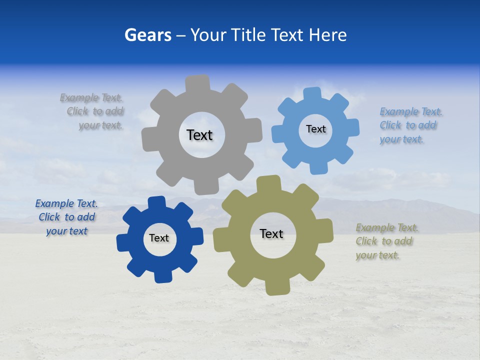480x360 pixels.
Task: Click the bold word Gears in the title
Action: pyautogui.click(x=147, y=35)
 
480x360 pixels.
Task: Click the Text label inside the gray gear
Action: pyautogui.click(x=199, y=135)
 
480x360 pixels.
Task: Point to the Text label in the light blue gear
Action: pyautogui.click(x=315, y=129)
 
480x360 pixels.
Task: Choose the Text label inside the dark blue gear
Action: pyautogui.click(x=159, y=238)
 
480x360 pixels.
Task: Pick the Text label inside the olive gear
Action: pyautogui.click(x=271, y=234)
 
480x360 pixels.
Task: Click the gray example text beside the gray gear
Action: pyautogui.click(x=92, y=111)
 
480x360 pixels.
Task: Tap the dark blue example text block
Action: pyautogui.click(x=66, y=217)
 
